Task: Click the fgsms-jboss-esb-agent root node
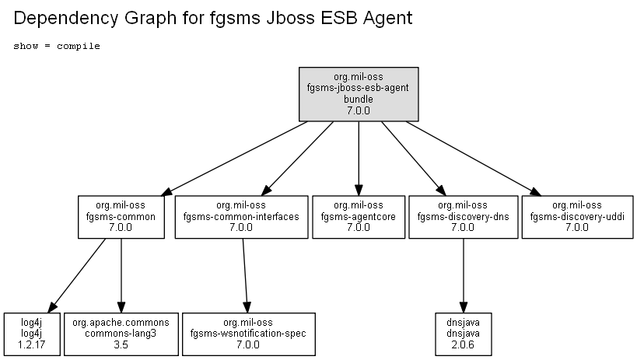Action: pyautogui.click(x=359, y=94)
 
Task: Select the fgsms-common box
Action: pyautogui.click(x=121, y=217)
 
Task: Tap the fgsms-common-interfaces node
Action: pyautogui.click(x=241, y=217)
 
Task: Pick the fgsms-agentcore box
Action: pyautogui.click(x=359, y=217)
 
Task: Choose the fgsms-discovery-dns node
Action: pyautogui.click(x=463, y=217)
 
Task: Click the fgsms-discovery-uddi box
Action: pyautogui.click(x=577, y=217)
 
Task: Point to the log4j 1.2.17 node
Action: pyautogui.click(x=32, y=334)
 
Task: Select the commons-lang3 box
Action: pyautogui.click(x=121, y=334)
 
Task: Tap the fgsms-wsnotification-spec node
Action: pyautogui.click(x=249, y=334)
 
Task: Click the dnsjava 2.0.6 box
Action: pyautogui.click(x=463, y=334)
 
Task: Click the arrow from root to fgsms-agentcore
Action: pyautogui.click(x=359, y=159)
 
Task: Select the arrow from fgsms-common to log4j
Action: pyautogui.click(x=77, y=275)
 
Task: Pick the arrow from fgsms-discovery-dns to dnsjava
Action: pyautogui.click(x=463, y=275)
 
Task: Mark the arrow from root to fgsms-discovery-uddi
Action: pyautogui.click(x=474, y=159)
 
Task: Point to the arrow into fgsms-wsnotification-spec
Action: pyautogui.click(x=245, y=275)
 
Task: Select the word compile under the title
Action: pyautogui.click(x=79, y=47)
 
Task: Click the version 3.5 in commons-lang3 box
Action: pyautogui.click(x=121, y=345)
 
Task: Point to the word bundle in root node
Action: pyautogui.click(x=359, y=100)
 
